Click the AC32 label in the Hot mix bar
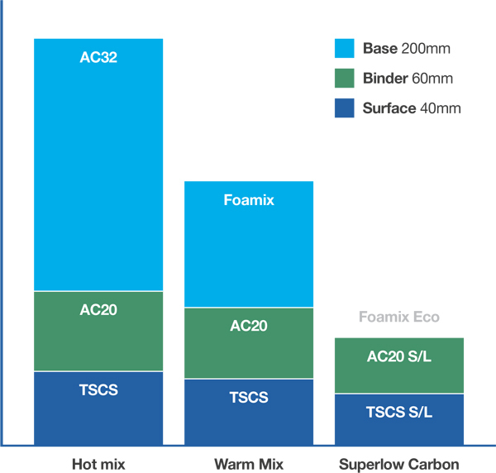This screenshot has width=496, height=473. [x=98, y=57]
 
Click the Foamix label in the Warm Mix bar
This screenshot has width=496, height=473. [x=249, y=200]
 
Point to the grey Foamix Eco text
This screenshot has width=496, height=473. [x=399, y=317]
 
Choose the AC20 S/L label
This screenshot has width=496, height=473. [x=399, y=356]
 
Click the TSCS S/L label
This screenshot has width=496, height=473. [x=399, y=411]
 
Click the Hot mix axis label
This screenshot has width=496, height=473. [x=98, y=464]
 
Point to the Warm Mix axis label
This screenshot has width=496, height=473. [x=249, y=464]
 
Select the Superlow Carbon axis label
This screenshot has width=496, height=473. [x=399, y=464]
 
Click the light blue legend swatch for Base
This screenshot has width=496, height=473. [x=345, y=48]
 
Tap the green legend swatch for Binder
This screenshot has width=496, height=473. [x=345, y=79]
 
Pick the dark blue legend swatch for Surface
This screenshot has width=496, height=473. [x=345, y=108]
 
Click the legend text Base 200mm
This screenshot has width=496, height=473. [x=406, y=48]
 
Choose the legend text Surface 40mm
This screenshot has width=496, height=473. [x=411, y=108]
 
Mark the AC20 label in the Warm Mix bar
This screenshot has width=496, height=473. [x=249, y=325]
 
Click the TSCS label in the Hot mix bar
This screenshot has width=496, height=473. [x=98, y=389]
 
